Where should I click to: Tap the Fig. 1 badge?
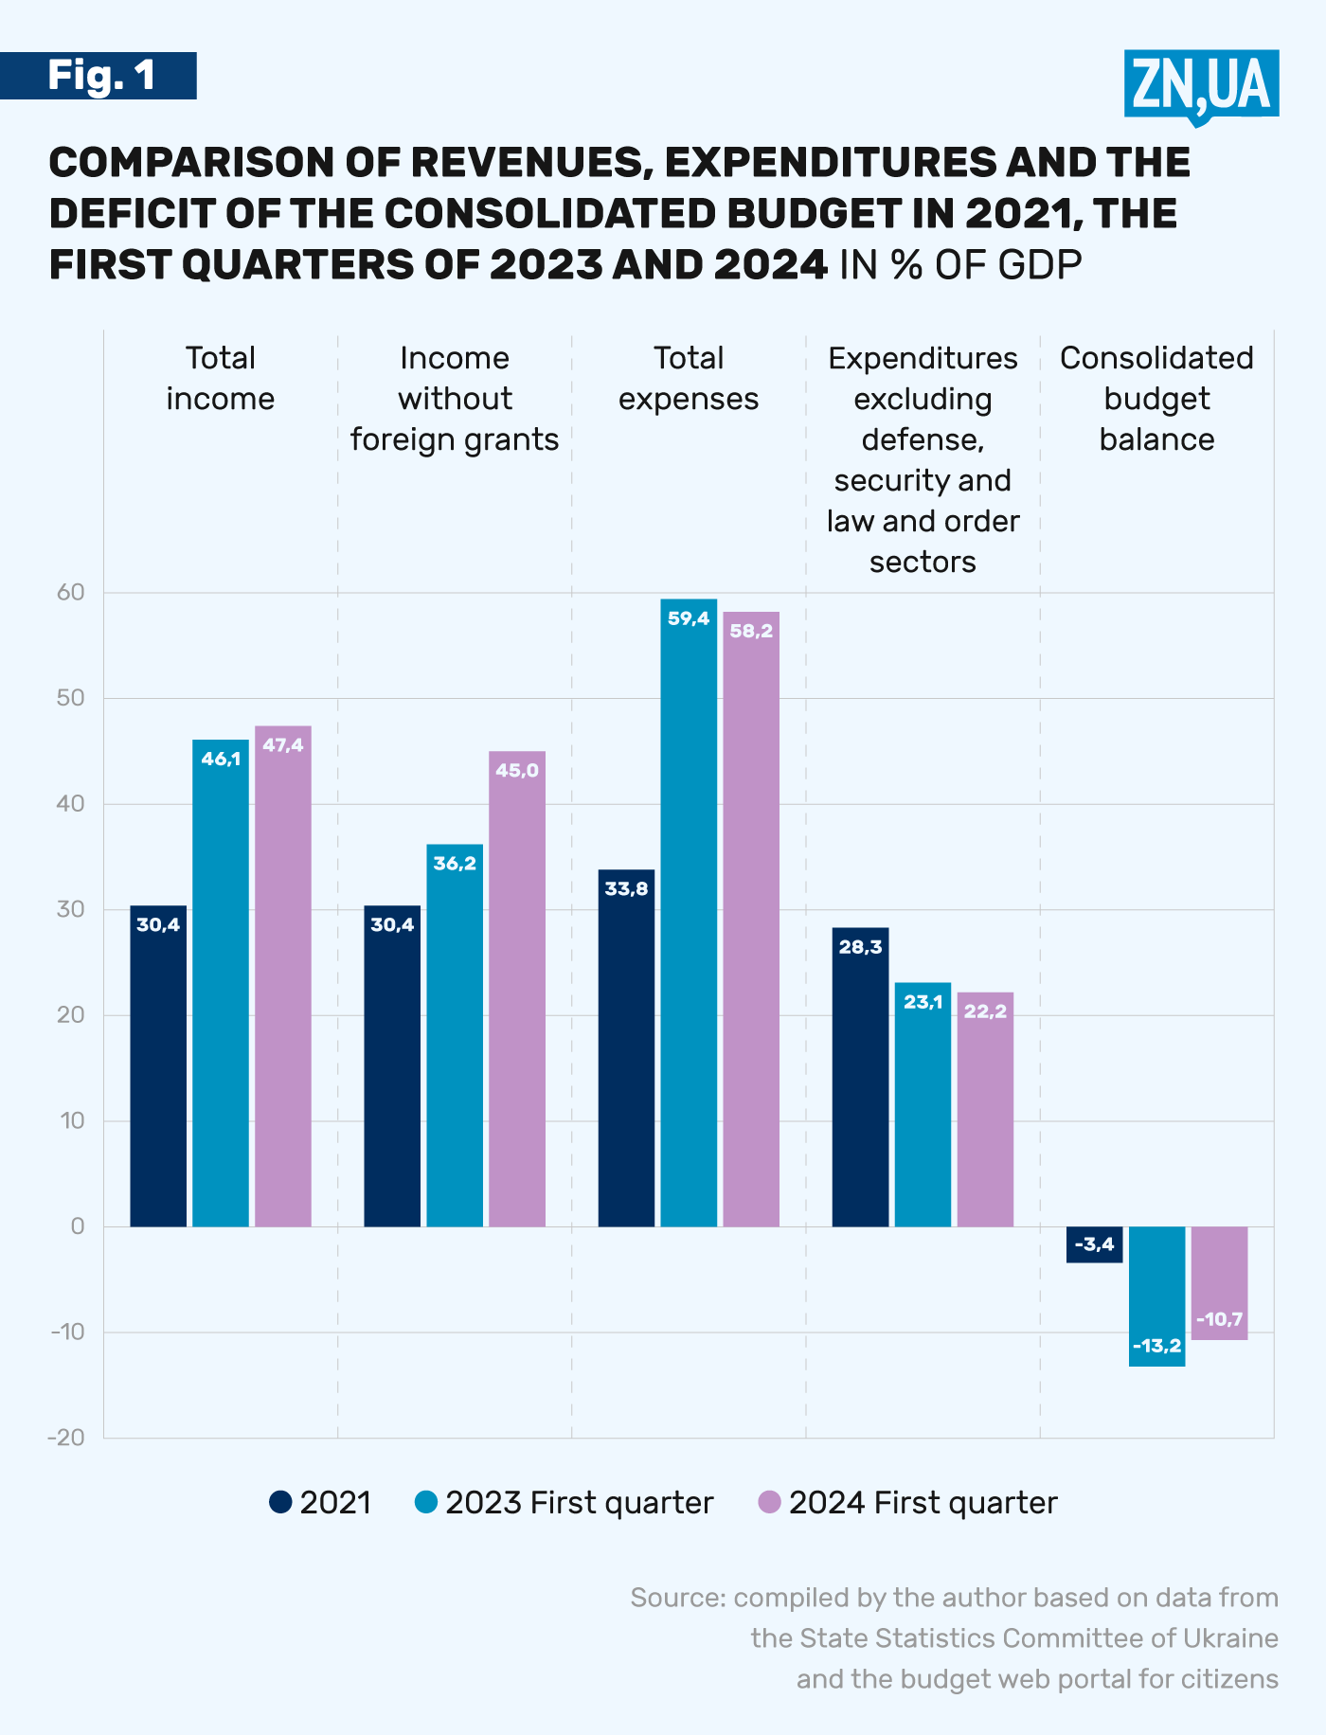(99, 76)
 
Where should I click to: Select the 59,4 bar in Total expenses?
(689, 909)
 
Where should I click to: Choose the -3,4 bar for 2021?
(1095, 1244)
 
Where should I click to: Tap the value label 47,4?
(283, 745)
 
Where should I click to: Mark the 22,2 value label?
(985, 1011)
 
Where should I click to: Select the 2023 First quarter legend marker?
(426, 1502)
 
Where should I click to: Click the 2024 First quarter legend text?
(923, 1503)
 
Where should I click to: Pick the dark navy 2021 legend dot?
(280, 1502)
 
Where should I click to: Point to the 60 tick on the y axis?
(71, 593)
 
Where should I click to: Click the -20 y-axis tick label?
(66, 1438)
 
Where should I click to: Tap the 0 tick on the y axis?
(78, 1226)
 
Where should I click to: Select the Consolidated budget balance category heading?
(1156, 399)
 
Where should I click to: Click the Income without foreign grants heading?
(455, 399)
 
